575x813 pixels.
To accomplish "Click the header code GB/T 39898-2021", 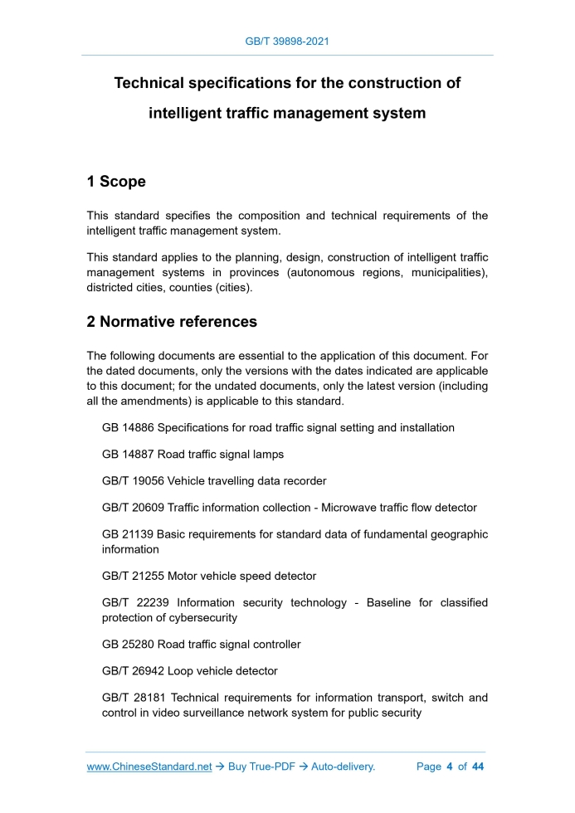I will (287, 41).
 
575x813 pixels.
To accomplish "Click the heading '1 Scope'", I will (116, 182).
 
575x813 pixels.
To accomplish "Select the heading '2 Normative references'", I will (172, 321).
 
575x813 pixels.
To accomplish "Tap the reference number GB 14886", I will (127, 428).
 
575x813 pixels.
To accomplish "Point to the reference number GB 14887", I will (127, 455).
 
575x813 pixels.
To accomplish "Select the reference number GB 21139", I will (127, 534).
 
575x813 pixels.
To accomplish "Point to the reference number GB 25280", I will (127, 644).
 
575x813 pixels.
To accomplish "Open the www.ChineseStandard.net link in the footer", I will (149, 767).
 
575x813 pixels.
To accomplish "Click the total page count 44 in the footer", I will (478, 767).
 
